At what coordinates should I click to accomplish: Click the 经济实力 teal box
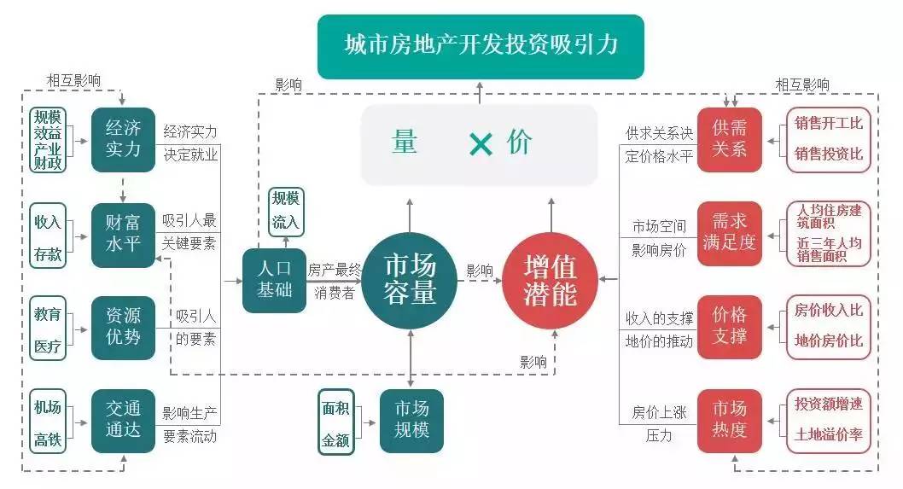(123, 139)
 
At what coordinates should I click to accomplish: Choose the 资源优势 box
(123, 326)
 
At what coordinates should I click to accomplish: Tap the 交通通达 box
(123, 420)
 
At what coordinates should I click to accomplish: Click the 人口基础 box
(274, 280)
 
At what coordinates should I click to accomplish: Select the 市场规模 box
(411, 420)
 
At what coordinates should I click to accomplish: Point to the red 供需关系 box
(729, 139)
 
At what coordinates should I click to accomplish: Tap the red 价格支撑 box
(729, 326)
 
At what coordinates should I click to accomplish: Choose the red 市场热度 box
(729, 420)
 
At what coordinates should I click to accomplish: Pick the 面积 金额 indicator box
(335, 421)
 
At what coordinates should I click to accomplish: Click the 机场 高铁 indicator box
(48, 420)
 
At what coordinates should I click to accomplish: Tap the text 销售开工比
(828, 123)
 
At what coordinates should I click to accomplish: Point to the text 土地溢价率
(828, 435)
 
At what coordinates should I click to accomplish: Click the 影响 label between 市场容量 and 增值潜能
(479, 271)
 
